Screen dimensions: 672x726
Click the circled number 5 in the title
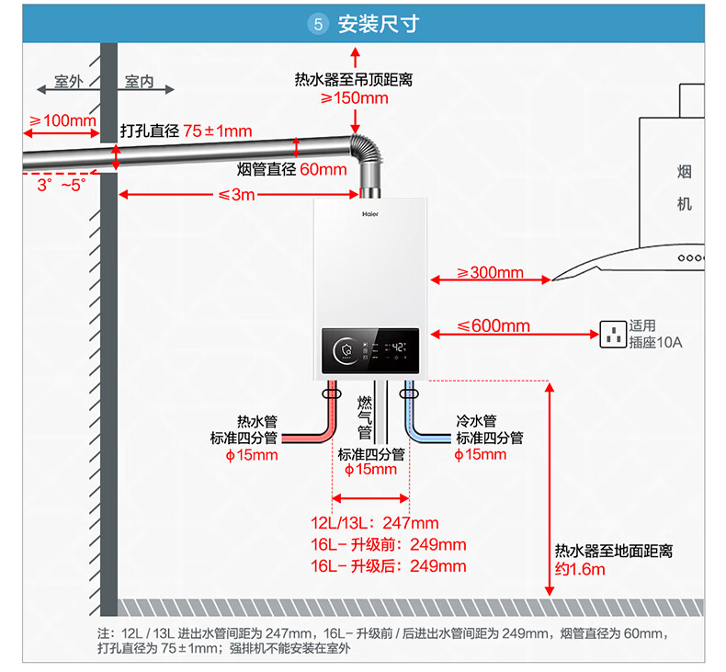[319, 25]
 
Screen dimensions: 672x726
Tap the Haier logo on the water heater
[369, 213]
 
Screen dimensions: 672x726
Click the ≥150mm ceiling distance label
[354, 98]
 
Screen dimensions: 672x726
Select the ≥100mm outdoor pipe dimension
[62, 120]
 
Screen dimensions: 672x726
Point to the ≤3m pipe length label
[236, 195]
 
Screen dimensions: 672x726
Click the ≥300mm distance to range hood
[490, 272]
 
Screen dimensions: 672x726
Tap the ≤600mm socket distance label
[493, 325]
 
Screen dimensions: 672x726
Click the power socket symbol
[612, 335]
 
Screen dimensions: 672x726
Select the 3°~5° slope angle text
[61, 185]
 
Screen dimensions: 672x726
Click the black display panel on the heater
[370, 349]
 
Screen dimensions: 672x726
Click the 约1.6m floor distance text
[580, 569]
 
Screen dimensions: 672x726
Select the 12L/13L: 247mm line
[375, 524]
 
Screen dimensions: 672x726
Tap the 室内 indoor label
[139, 83]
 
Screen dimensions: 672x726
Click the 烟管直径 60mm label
[291, 169]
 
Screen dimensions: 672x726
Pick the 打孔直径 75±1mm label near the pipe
[186, 131]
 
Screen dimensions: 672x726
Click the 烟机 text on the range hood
[684, 188]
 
